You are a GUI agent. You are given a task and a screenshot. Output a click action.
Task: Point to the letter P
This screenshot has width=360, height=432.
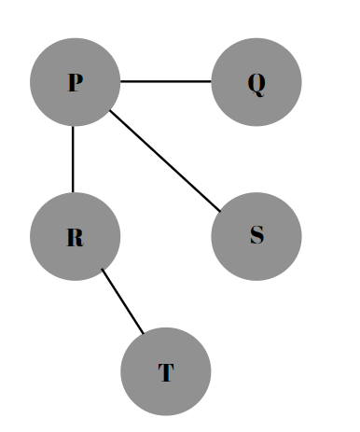[75, 82]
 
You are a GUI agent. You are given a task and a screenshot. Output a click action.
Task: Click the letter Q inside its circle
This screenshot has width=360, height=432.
[256, 83]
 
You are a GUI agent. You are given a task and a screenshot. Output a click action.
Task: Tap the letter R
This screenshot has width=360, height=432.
[75, 237]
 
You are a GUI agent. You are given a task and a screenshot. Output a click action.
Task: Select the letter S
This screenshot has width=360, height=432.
[256, 235]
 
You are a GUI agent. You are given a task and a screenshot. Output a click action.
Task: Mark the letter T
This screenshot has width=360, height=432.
[166, 373]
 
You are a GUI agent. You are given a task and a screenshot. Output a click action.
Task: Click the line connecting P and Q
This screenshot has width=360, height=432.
[166, 82]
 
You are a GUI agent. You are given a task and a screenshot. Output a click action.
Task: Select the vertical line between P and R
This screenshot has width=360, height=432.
[73, 159]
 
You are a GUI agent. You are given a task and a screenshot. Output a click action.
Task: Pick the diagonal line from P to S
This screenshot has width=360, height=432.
[164, 160]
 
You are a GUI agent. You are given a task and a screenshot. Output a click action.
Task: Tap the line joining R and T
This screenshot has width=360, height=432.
[123, 301]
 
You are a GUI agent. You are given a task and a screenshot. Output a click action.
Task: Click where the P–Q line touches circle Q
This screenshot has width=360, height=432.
[212, 82]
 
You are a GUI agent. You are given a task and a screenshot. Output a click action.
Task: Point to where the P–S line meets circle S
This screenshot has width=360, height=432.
[220, 210]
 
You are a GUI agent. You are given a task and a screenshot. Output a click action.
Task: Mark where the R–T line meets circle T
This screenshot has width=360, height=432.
[145, 333]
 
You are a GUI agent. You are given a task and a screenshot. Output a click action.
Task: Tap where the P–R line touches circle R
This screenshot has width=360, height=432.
[73, 192]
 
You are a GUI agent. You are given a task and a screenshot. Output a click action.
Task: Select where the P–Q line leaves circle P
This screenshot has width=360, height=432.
[120, 82]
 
